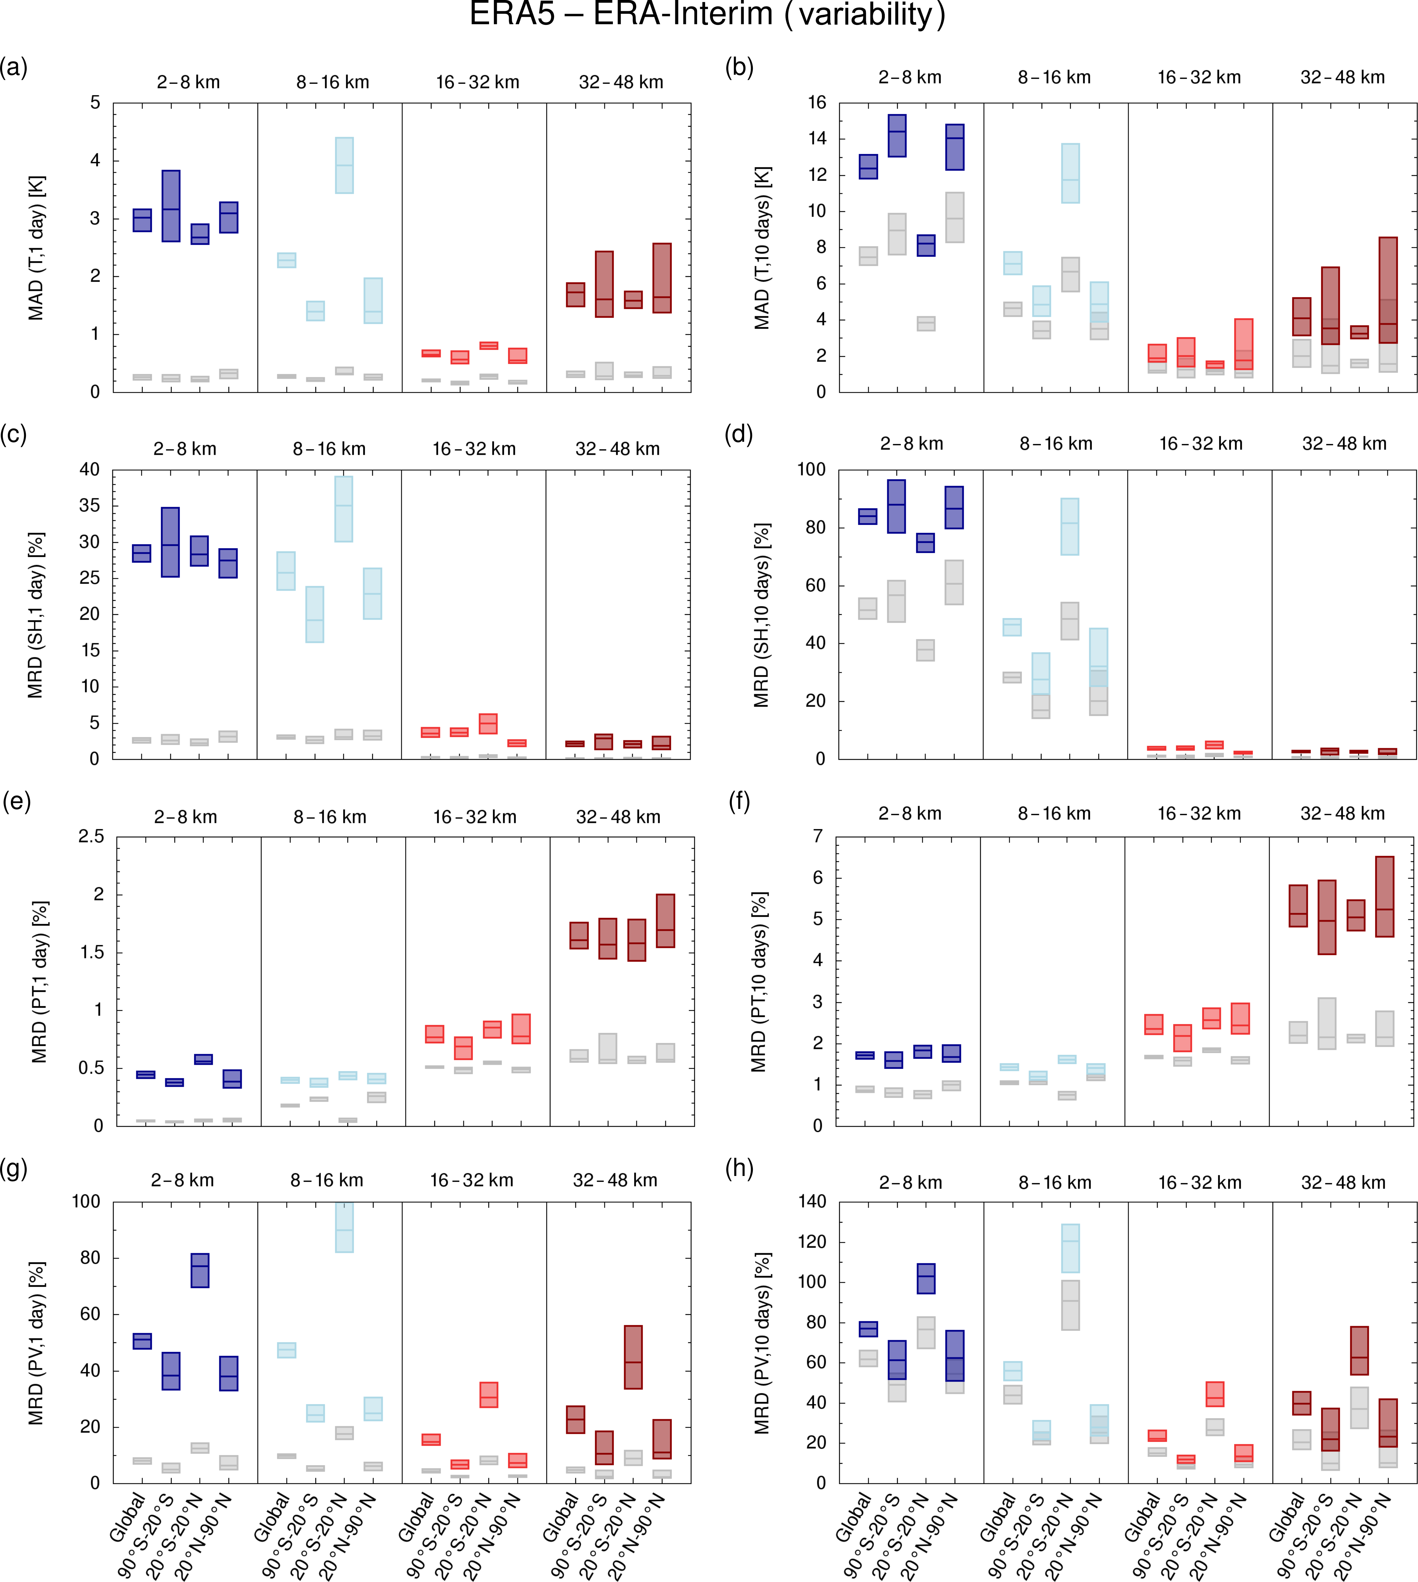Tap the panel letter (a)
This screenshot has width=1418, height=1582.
pos(14,68)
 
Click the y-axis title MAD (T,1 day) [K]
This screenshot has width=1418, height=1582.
pos(36,248)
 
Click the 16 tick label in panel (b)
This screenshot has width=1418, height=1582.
pos(816,103)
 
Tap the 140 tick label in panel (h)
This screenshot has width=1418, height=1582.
pos(812,1202)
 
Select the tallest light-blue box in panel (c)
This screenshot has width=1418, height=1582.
pos(343,509)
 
